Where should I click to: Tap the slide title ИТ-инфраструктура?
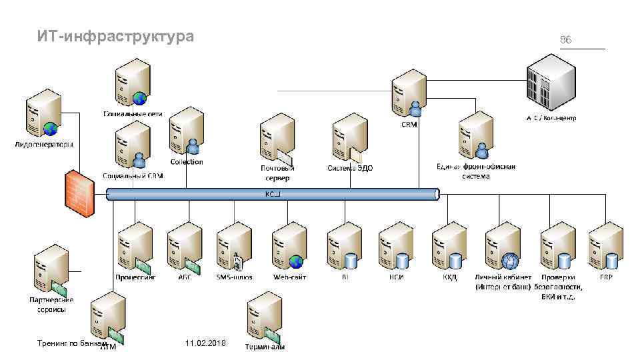[x=116, y=37]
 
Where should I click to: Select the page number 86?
[x=565, y=40]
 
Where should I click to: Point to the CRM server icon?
[x=409, y=93]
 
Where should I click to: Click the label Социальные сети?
[x=133, y=114]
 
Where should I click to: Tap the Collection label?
[x=187, y=162]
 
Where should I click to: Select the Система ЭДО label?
[x=349, y=168]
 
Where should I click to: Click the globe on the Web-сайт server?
[x=297, y=261]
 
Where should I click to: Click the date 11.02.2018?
[x=206, y=343]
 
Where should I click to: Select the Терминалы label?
[x=265, y=347]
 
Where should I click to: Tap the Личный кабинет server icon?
[x=501, y=245]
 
